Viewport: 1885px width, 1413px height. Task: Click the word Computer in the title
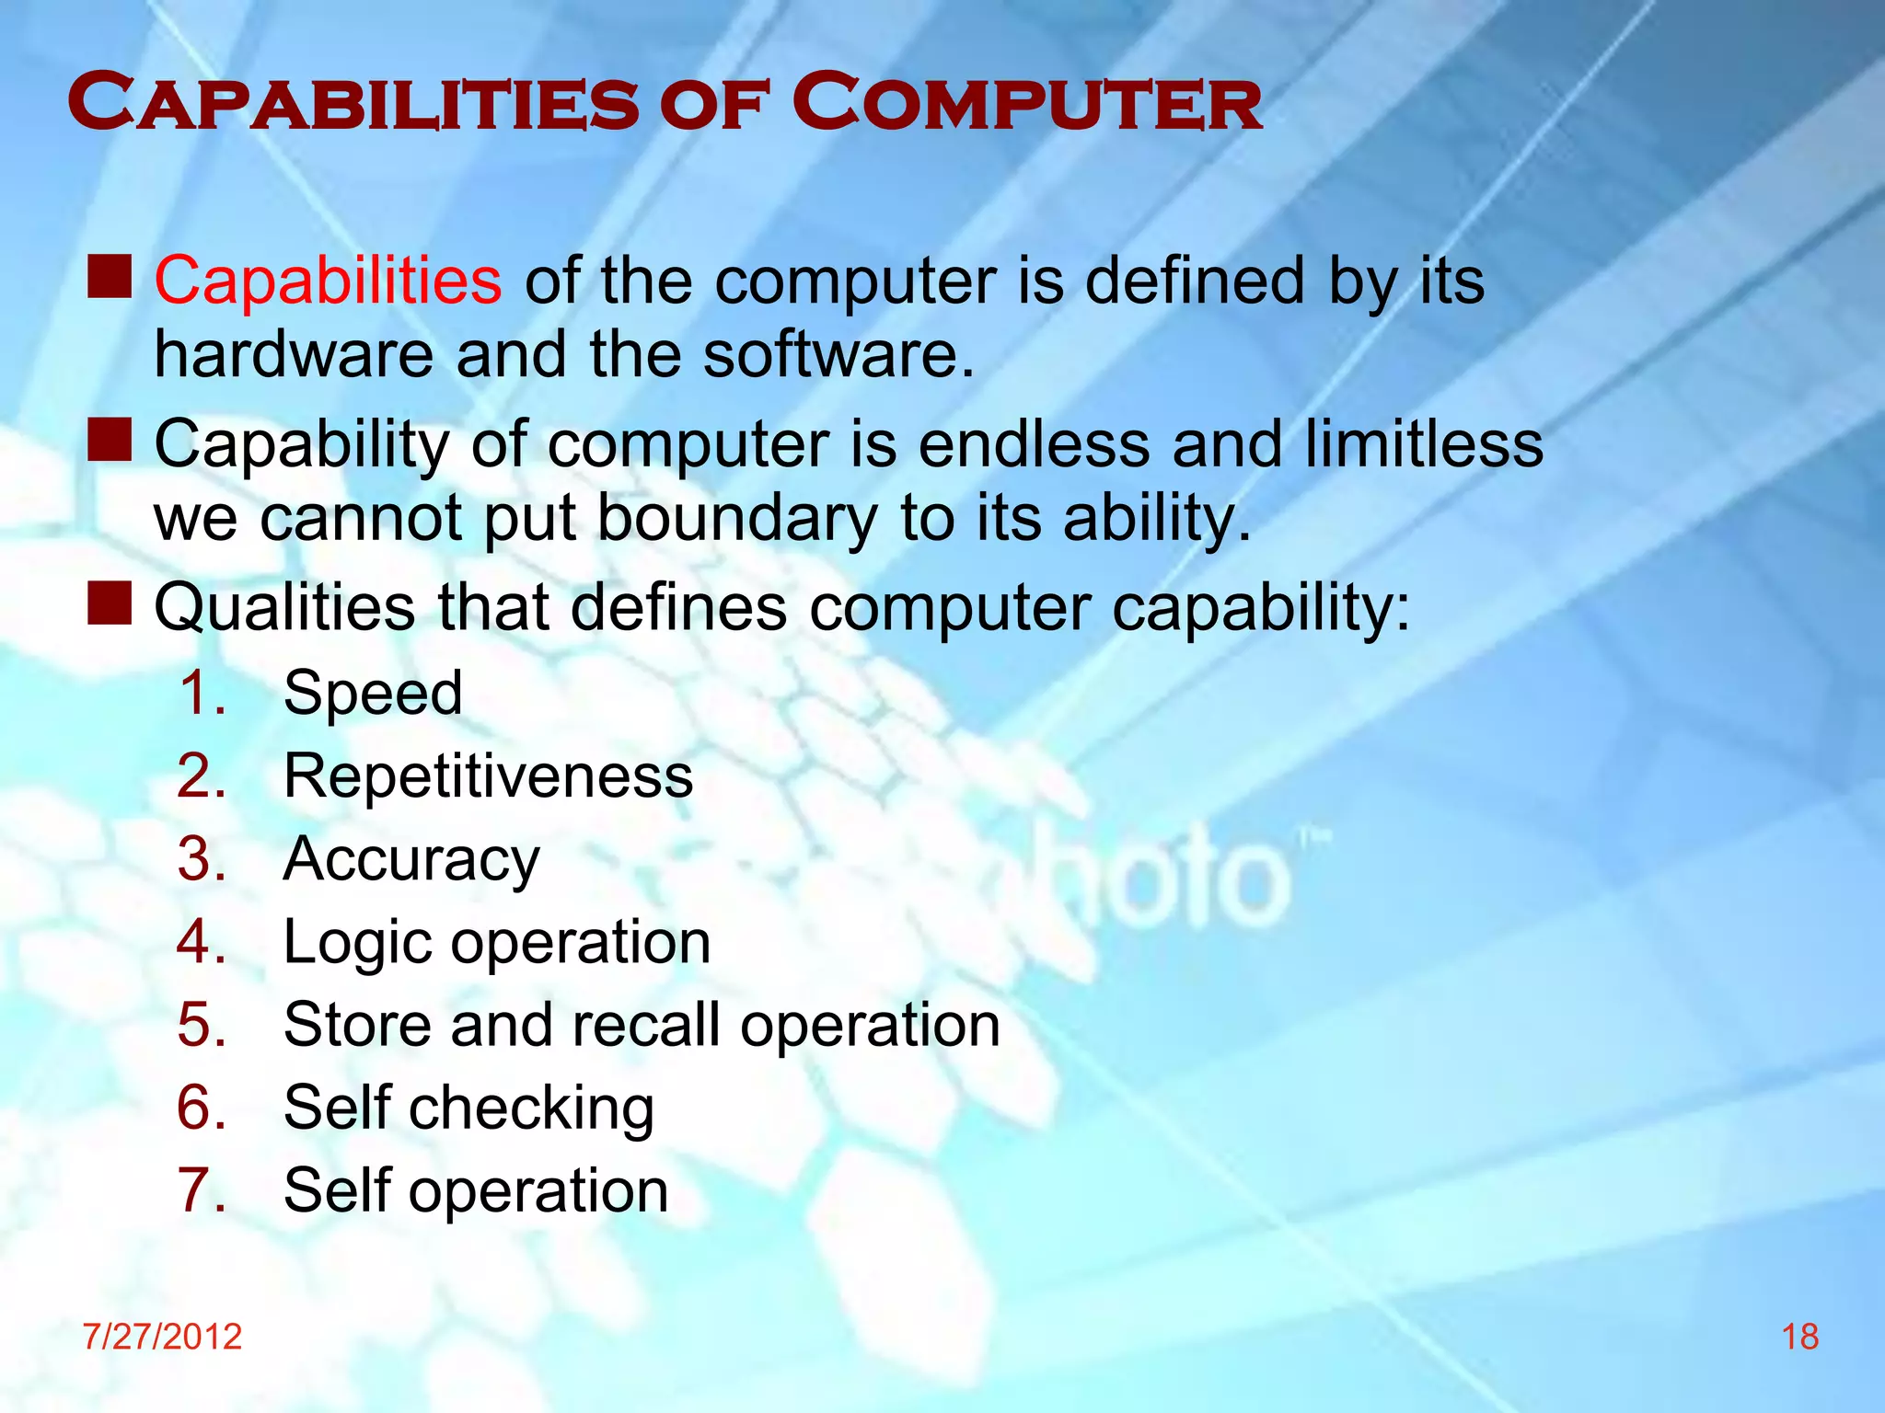(1026, 104)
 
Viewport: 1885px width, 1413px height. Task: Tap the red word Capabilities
(328, 281)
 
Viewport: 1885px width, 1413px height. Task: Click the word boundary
(737, 519)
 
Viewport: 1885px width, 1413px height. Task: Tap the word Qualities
(284, 608)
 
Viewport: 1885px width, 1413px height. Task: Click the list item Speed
(373, 693)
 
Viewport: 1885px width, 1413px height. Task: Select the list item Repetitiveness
(488, 776)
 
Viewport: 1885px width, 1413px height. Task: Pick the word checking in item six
(531, 1109)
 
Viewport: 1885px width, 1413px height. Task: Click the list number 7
(200, 1190)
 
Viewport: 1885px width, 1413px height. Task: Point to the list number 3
(200, 859)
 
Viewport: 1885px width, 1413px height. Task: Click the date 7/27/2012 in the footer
(162, 1337)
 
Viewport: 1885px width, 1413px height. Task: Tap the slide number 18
(1799, 1337)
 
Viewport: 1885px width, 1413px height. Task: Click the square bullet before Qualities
(110, 603)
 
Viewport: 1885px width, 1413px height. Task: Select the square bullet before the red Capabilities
(110, 277)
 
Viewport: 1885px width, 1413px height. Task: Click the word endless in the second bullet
(1034, 444)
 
